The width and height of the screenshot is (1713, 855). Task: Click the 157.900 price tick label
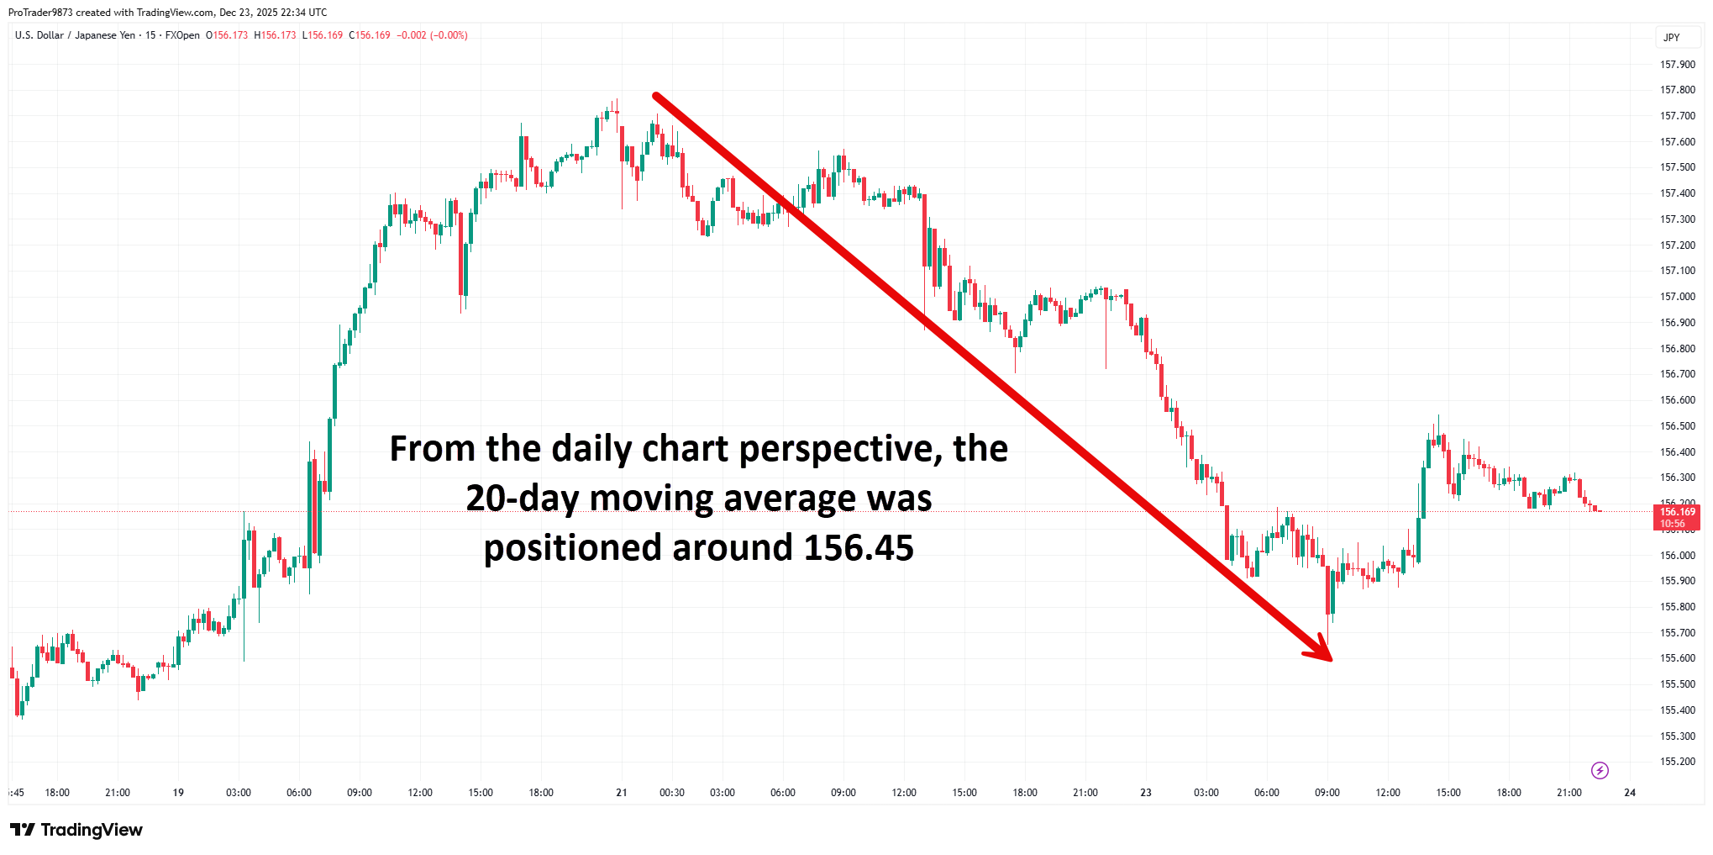pos(1677,65)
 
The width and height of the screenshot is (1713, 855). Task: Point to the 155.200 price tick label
pos(1677,762)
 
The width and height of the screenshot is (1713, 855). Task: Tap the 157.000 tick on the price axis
pos(1677,297)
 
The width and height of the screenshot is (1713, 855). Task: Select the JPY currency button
pos(1672,38)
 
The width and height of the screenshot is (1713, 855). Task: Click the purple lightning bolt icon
pos(1600,770)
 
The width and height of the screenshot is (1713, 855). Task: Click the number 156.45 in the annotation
pos(859,548)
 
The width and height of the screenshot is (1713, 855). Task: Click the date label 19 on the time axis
pos(178,793)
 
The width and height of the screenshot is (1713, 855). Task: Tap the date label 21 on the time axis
pos(622,793)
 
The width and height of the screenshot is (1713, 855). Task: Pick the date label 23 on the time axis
pos(1146,793)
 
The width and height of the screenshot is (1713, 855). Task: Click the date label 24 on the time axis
pos(1630,793)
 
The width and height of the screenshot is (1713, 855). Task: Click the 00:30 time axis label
pos(672,793)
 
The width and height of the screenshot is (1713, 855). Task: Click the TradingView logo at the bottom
pos(77,830)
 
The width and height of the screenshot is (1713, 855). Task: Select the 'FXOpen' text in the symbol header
pos(182,35)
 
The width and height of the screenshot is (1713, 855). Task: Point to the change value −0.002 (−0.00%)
pos(432,35)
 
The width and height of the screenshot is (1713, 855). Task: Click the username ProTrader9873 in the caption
pos(40,13)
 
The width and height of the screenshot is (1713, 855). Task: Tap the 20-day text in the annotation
pos(521,499)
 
